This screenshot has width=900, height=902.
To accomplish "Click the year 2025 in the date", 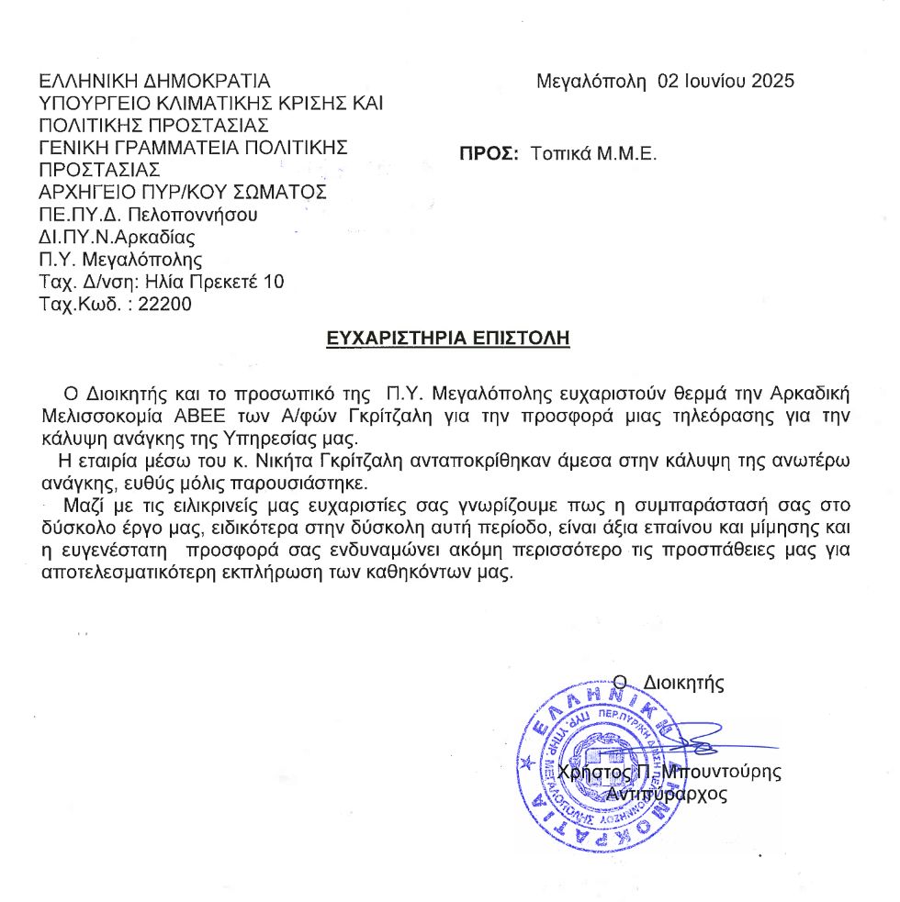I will pyautogui.click(x=773, y=81).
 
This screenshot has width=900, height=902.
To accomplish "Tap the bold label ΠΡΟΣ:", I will pyautogui.click(x=490, y=153).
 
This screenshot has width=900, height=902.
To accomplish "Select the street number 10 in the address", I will pyautogui.click(x=274, y=282).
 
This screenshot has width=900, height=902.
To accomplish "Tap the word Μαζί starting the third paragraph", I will pyautogui.click(x=84, y=506).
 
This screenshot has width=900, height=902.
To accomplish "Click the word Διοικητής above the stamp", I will pyautogui.click(x=684, y=683).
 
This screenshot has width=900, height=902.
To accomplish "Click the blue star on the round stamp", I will pyautogui.click(x=526, y=763).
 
